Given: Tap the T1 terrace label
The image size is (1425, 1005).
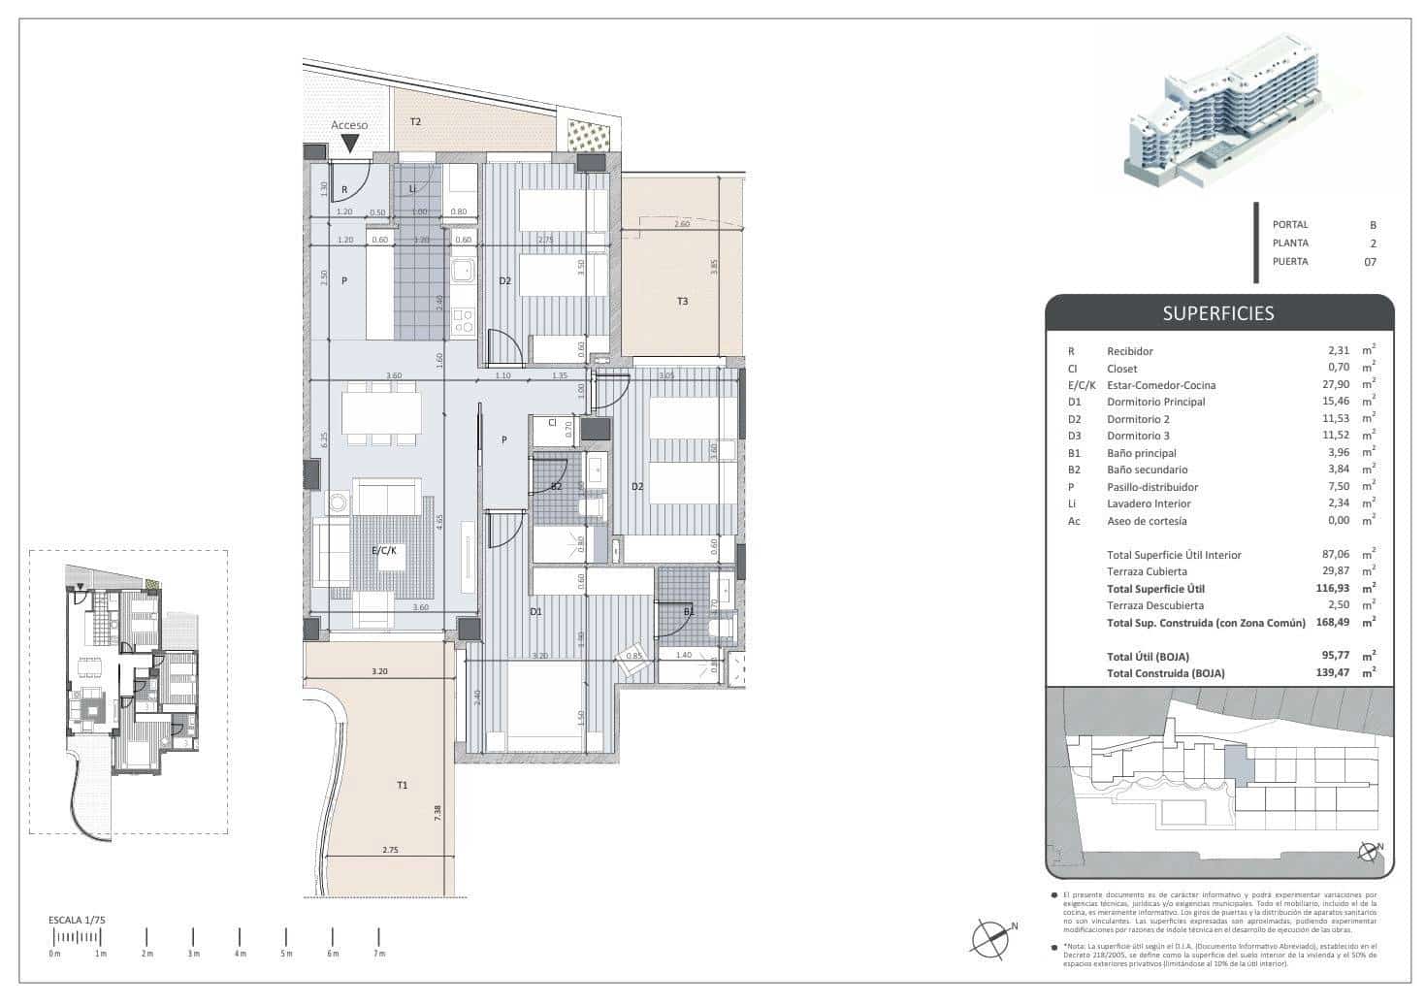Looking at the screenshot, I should pyautogui.click(x=402, y=785).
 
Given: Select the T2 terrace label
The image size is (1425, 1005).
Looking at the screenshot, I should pyautogui.click(x=415, y=122).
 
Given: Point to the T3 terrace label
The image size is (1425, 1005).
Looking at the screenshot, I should pyautogui.click(x=682, y=302).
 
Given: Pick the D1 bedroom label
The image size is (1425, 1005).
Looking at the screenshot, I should pyautogui.click(x=535, y=612).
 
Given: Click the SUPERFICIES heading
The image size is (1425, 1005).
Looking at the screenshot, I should pyautogui.click(x=1218, y=313).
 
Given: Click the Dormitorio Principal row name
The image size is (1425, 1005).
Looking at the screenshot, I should pyautogui.click(x=1155, y=402).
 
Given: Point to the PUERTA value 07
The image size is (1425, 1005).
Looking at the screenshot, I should pyautogui.click(x=1370, y=261).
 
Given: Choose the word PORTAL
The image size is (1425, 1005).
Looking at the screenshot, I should pyautogui.click(x=1290, y=225).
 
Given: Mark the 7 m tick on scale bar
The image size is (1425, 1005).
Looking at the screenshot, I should pyautogui.click(x=378, y=937).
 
